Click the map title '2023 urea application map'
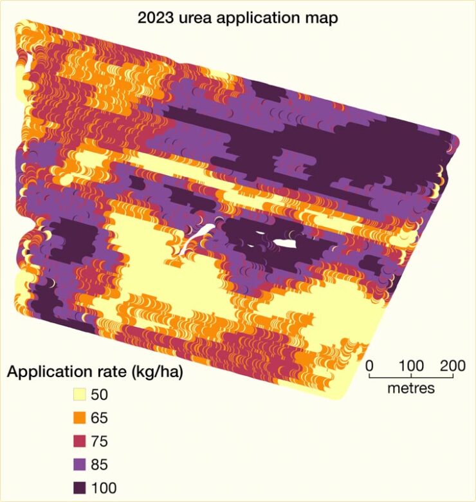point(238,17)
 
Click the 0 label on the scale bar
point(369,366)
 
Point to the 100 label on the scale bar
point(412,366)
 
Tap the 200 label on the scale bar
point(453,366)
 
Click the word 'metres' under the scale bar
point(412,388)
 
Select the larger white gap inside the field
point(284,243)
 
